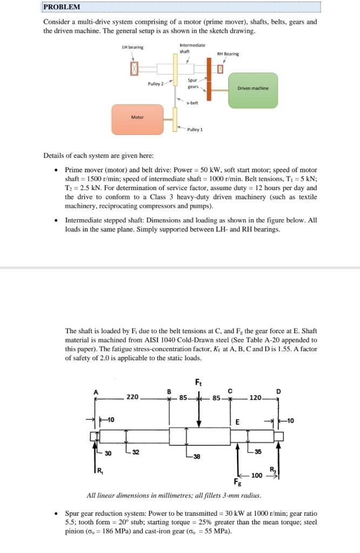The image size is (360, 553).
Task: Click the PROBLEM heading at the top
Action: (62, 7)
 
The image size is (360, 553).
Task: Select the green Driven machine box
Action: (253, 88)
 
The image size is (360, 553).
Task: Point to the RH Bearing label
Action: (228, 54)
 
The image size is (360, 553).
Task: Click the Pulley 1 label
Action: (194, 130)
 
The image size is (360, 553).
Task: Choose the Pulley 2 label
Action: (155, 84)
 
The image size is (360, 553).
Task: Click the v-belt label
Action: (192, 103)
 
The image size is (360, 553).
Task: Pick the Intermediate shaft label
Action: (192, 49)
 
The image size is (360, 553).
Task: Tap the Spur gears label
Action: (193, 84)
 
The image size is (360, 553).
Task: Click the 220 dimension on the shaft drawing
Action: (132, 397)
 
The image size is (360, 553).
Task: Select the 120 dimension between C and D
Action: (255, 398)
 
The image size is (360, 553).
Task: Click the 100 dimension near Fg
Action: (257, 476)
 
